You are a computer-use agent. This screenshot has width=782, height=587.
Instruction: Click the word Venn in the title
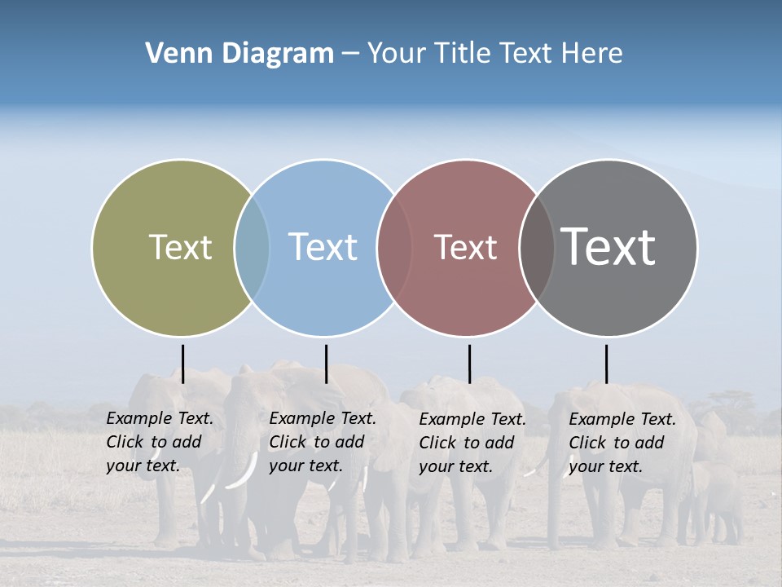(x=171, y=54)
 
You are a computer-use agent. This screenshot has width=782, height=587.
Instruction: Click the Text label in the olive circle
(x=180, y=247)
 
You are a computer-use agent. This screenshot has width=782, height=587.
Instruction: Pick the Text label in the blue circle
(x=323, y=247)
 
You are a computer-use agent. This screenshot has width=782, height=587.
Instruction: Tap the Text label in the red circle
(x=465, y=248)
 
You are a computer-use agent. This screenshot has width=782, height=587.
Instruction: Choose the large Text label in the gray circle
(x=608, y=247)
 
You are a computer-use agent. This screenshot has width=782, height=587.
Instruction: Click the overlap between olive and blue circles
(x=252, y=248)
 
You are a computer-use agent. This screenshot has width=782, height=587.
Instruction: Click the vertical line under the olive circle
(x=182, y=364)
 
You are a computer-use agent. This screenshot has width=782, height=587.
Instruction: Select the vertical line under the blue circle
(x=326, y=364)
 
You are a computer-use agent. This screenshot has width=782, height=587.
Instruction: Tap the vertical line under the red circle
(x=469, y=364)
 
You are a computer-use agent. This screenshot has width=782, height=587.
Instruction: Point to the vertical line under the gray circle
(x=606, y=364)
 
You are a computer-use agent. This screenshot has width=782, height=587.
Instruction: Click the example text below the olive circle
(x=160, y=443)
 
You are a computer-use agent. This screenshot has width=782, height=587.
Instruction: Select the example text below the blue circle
(x=323, y=443)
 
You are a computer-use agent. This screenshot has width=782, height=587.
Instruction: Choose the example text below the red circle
(x=472, y=444)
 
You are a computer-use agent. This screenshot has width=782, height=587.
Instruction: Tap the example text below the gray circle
(x=622, y=444)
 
